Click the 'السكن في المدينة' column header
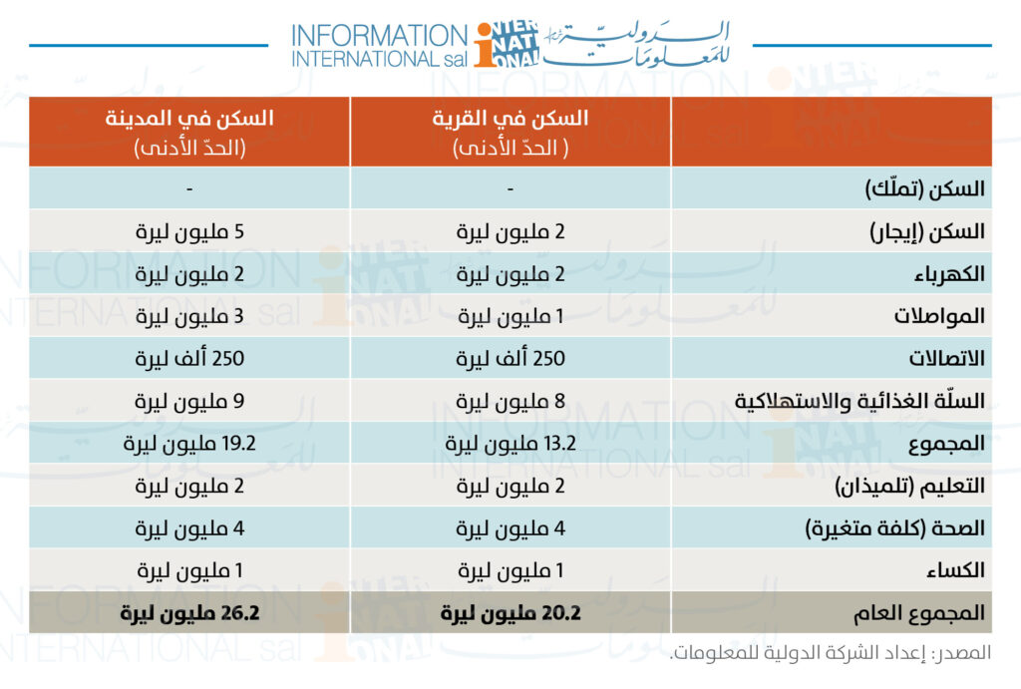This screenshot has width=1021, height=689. [x=189, y=120]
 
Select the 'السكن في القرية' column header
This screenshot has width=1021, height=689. [x=510, y=120]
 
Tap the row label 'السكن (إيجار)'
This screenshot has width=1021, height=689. [x=928, y=231]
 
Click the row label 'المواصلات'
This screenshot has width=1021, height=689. [x=943, y=316]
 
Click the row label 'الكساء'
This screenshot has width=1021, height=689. [x=957, y=571]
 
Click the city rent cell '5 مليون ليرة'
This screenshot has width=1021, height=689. [x=189, y=231]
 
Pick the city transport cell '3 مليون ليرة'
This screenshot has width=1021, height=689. [x=189, y=316]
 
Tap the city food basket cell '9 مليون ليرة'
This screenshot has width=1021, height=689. [x=189, y=401]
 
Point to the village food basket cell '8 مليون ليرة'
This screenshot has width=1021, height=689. [x=510, y=401]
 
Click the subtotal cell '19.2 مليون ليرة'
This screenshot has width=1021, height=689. [x=189, y=444]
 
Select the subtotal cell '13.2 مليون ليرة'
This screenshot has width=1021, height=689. [x=510, y=444]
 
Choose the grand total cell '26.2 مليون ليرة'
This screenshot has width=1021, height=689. [x=189, y=613]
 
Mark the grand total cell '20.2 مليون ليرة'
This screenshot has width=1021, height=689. [x=510, y=613]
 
